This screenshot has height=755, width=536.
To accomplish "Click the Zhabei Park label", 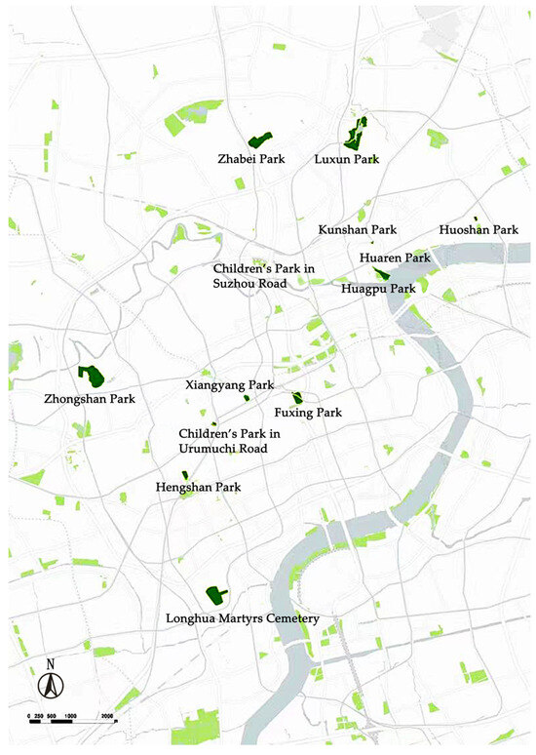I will (x=251, y=158).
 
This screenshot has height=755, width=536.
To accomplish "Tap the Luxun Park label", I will (x=346, y=158).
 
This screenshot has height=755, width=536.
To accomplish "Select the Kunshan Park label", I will (x=359, y=230).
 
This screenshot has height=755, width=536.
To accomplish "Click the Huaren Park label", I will (x=395, y=258).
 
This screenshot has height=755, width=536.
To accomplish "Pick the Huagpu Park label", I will (x=378, y=289).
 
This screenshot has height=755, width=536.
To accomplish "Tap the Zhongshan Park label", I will (x=90, y=399).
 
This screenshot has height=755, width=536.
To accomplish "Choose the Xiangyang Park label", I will (x=230, y=385).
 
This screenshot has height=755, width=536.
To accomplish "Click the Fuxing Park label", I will (x=308, y=413).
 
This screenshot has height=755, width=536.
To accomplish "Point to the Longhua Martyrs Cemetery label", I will (x=243, y=617).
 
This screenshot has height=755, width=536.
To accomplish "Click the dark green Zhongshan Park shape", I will (x=94, y=376).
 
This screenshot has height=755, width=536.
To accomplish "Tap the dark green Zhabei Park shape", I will (x=259, y=140).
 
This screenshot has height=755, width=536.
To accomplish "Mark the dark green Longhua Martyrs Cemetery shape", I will (x=214, y=594).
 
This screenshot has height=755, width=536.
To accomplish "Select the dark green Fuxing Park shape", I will (x=298, y=397).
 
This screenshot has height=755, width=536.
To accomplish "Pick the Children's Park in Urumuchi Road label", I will (x=222, y=440).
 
